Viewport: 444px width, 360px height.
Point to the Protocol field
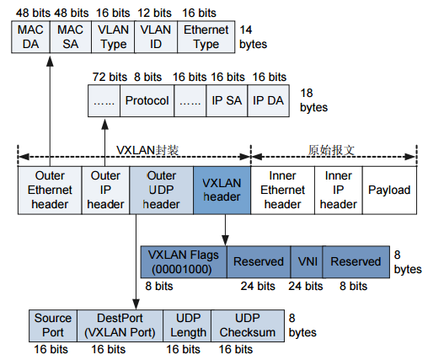coord(147,101)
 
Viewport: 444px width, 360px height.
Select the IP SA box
coord(227,101)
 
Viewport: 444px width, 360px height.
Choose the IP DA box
coord(269,101)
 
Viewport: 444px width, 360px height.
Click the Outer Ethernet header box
coord(50,190)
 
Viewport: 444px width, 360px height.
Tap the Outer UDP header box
coord(161,190)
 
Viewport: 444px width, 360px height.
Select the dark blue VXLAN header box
coord(222,190)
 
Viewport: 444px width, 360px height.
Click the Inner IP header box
coord(338,190)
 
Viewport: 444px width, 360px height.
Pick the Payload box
coord(388,190)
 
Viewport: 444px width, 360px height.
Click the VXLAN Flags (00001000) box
coord(183,262)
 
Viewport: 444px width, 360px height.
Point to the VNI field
coord(307,262)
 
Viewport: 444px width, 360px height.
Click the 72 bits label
coord(104,76)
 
